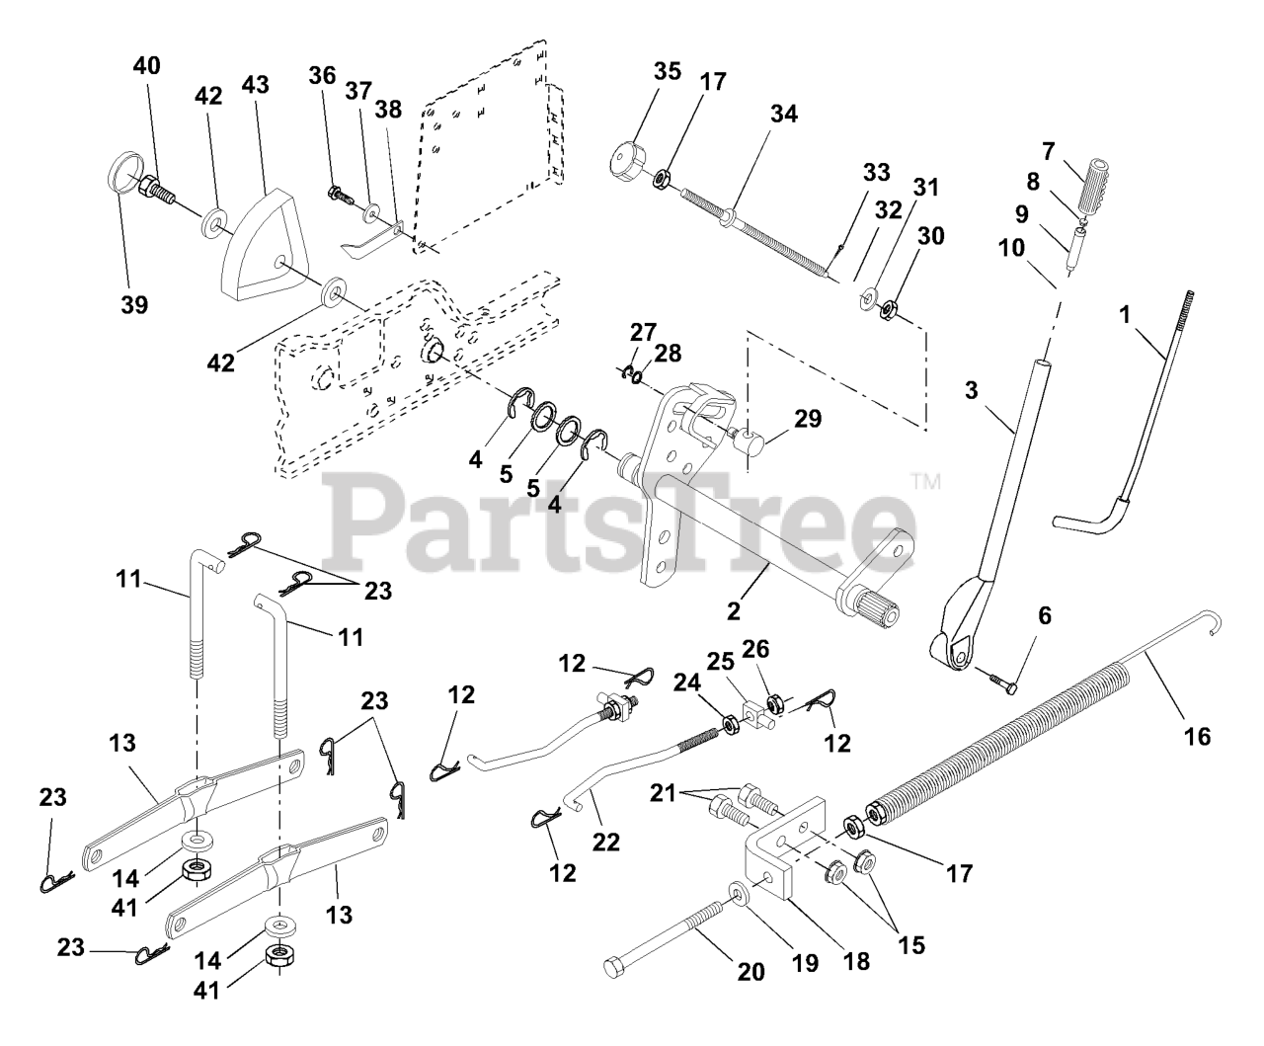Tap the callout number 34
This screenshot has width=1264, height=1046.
coord(784,115)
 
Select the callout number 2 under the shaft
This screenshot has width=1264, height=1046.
coord(733,611)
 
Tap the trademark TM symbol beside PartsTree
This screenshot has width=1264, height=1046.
coord(925,483)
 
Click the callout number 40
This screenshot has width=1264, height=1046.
coord(146,66)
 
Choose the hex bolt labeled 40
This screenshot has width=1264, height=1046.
coord(159,190)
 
